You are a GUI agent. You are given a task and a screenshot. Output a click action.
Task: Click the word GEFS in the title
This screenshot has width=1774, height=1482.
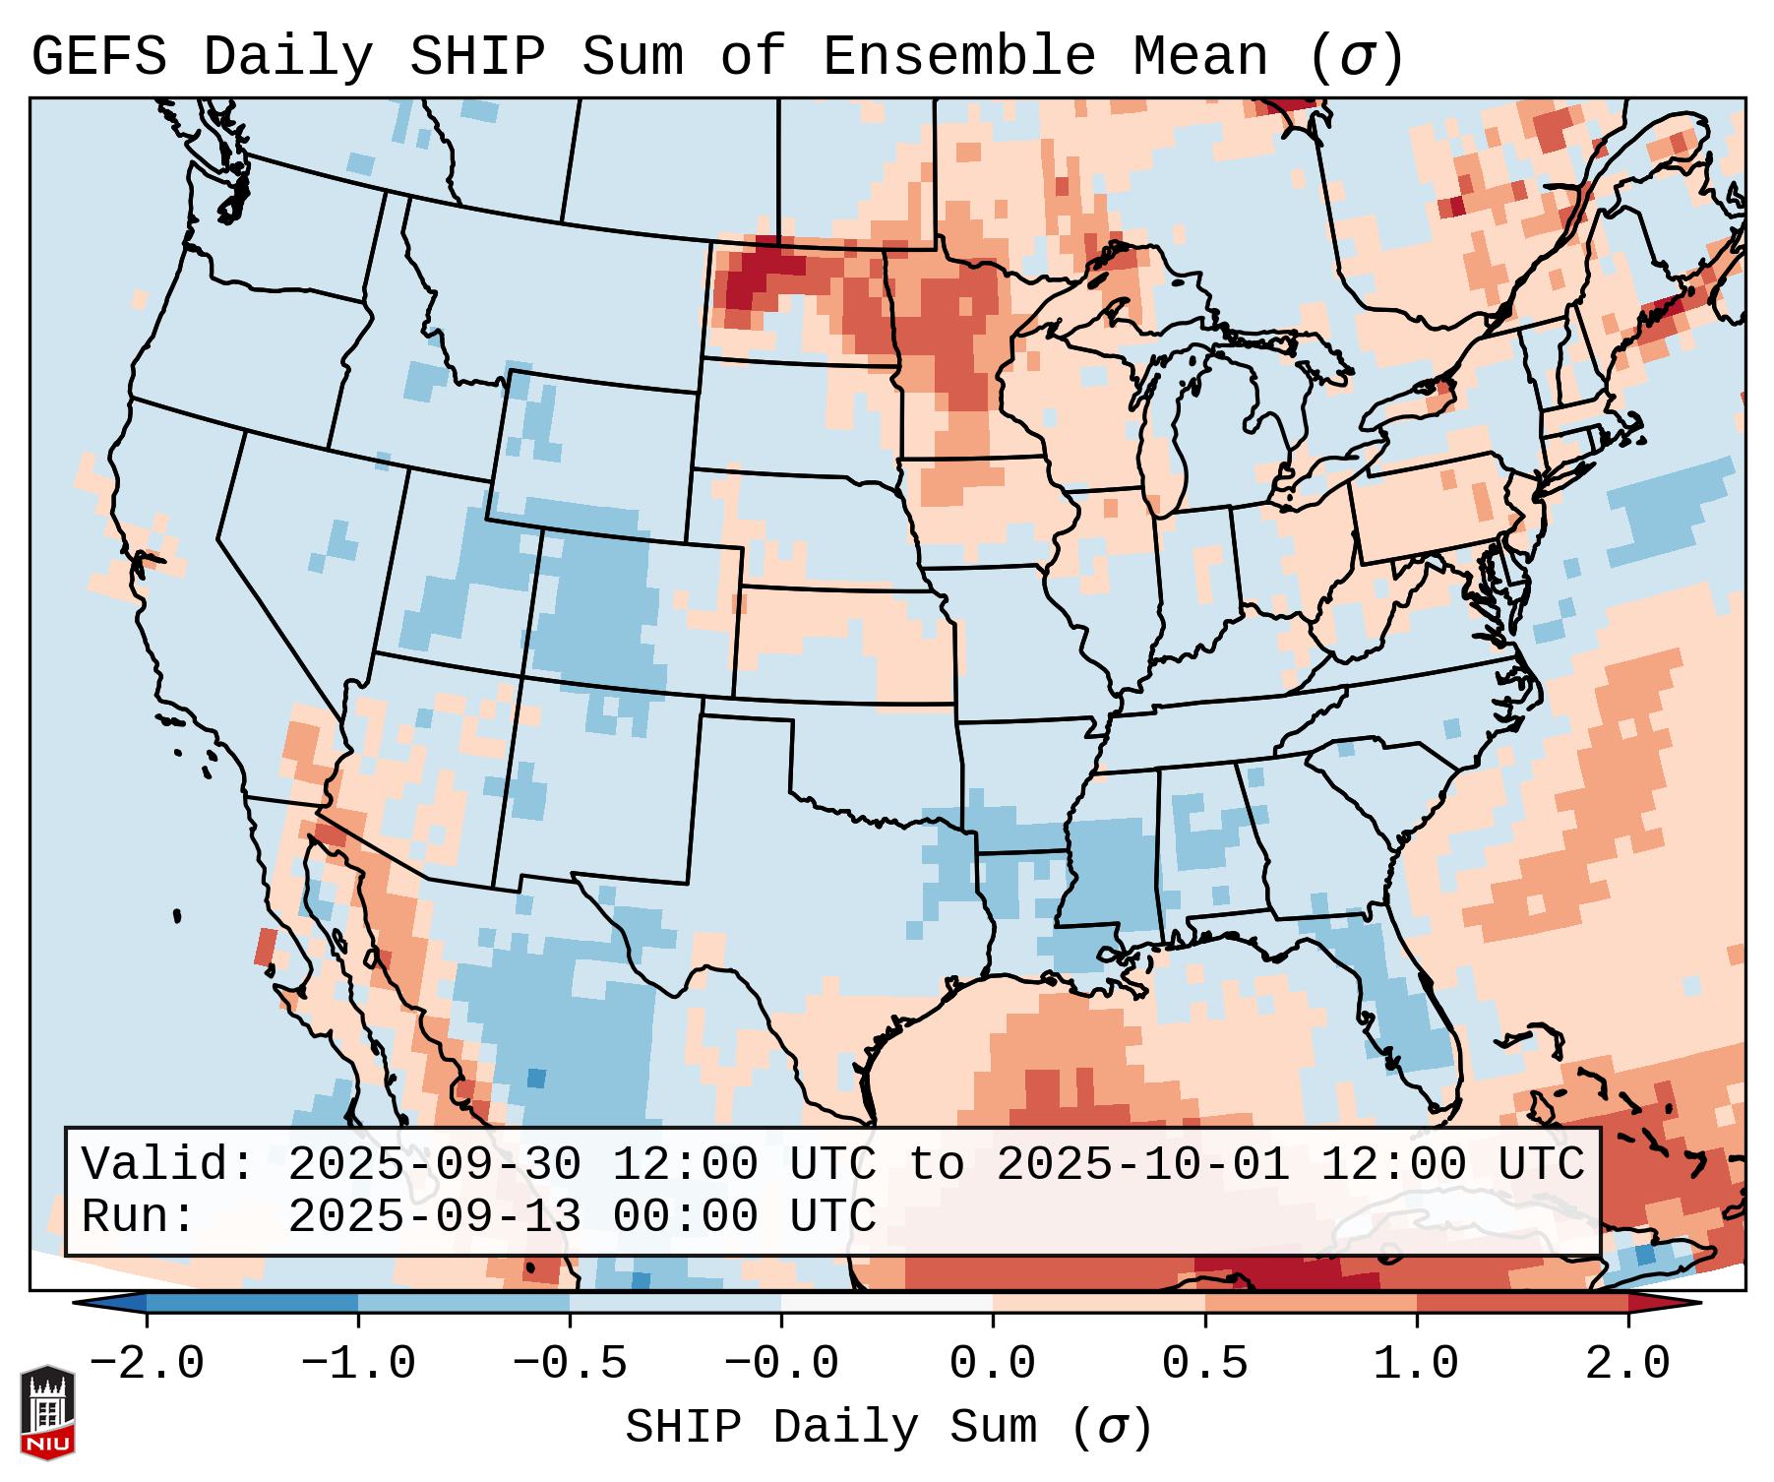[98, 56]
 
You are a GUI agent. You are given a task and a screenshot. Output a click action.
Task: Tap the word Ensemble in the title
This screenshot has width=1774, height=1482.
[958, 56]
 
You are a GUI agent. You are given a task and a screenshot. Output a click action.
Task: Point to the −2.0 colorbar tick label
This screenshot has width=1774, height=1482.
[147, 1364]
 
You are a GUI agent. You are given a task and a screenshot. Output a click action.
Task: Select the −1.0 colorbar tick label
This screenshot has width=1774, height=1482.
[358, 1364]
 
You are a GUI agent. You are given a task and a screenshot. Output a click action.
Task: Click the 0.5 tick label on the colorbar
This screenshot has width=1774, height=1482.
[1204, 1364]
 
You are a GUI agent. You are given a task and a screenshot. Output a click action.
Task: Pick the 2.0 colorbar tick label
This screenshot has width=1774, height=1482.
[1627, 1364]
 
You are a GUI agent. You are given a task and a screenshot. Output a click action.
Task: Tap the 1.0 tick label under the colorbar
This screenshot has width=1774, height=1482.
[1416, 1364]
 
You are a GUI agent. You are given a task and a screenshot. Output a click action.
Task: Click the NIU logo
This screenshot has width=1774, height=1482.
[47, 1412]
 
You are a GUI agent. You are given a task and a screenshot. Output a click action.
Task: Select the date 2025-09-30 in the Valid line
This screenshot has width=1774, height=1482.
[434, 1164]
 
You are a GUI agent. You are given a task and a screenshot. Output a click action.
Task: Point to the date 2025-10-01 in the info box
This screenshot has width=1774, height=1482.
[1142, 1164]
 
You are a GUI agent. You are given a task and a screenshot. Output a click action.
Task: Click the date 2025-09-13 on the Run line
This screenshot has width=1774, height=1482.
[434, 1216]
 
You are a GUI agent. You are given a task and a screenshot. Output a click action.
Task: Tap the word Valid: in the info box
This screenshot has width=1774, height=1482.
[168, 1164]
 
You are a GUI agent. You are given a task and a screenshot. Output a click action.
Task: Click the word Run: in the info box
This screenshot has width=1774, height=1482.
[139, 1216]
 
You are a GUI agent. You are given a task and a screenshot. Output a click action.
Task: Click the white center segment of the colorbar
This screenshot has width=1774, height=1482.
[887, 1303]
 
